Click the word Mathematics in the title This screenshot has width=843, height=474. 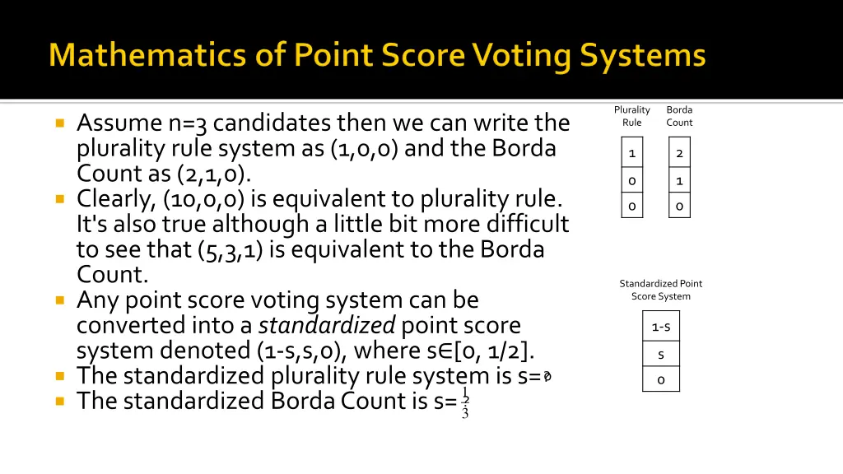[132, 56]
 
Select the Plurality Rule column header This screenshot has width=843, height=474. [631, 116]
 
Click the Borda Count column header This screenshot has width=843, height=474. [679, 116]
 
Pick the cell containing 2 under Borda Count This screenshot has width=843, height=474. [679, 153]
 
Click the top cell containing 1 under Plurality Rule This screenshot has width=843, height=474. [631, 153]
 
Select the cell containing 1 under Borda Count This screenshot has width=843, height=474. [679, 180]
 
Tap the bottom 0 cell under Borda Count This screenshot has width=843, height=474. [679, 206]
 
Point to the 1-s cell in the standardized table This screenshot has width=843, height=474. [661, 327]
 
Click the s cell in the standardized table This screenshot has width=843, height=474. [661, 354]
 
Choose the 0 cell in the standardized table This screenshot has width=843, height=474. [661, 379]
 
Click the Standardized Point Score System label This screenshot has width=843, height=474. [661, 290]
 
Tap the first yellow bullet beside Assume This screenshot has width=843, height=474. [60, 123]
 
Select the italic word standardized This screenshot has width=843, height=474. [327, 326]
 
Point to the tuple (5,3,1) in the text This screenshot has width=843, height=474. [230, 249]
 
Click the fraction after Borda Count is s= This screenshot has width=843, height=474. [465, 402]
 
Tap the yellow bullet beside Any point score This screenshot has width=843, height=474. [60, 300]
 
